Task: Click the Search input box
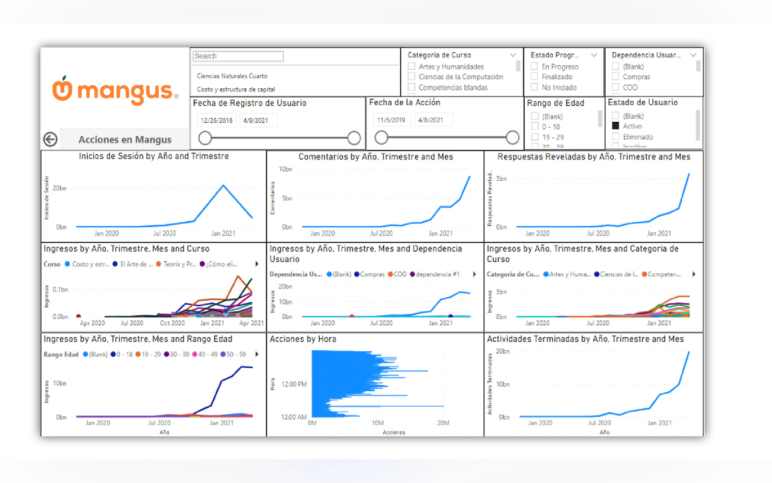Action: coord(238,56)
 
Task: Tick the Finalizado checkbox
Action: coord(534,77)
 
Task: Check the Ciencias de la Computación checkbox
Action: coord(412,77)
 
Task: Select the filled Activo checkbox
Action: coord(615,126)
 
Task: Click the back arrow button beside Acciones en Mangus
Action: coord(50,139)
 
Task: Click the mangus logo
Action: coord(115,91)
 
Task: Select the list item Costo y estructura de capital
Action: coord(236,89)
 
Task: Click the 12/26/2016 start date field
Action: coord(217,120)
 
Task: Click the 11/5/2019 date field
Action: coord(391,120)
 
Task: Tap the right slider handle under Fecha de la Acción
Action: coord(512,138)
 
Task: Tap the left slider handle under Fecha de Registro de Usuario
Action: coord(205,138)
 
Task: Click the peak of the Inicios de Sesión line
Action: coord(223,185)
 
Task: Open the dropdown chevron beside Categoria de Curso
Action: coord(513,55)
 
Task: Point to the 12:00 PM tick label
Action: coord(294,384)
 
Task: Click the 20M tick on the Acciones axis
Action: coord(443,423)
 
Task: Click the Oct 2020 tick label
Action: coord(172,323)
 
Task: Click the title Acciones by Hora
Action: coord(302,339)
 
